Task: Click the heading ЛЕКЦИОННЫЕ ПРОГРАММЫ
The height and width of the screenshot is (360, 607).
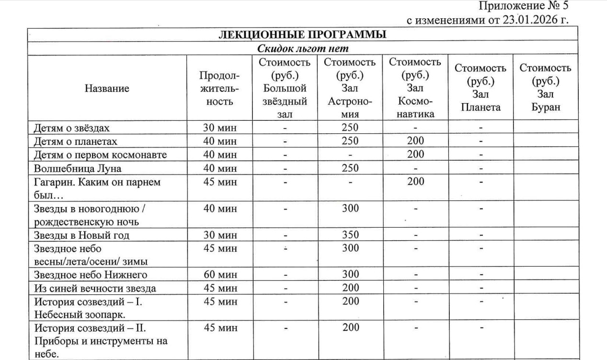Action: point(302,35)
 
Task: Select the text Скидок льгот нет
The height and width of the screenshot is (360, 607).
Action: point(302,48)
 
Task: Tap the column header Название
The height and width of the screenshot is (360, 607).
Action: point(107,88)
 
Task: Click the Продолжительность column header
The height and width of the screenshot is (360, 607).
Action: point(218,88)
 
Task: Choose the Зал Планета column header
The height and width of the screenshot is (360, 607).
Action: point(480,88)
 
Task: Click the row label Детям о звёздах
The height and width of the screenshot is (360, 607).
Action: point(72,128)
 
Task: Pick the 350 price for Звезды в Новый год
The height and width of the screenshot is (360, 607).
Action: point(350,235)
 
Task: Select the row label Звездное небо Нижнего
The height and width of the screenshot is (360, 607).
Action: point(90,275)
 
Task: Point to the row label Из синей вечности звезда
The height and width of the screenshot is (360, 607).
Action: point(95,289)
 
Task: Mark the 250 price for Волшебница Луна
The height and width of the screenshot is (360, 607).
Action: point(350,169)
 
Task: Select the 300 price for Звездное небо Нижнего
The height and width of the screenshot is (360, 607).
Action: point(350,275)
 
